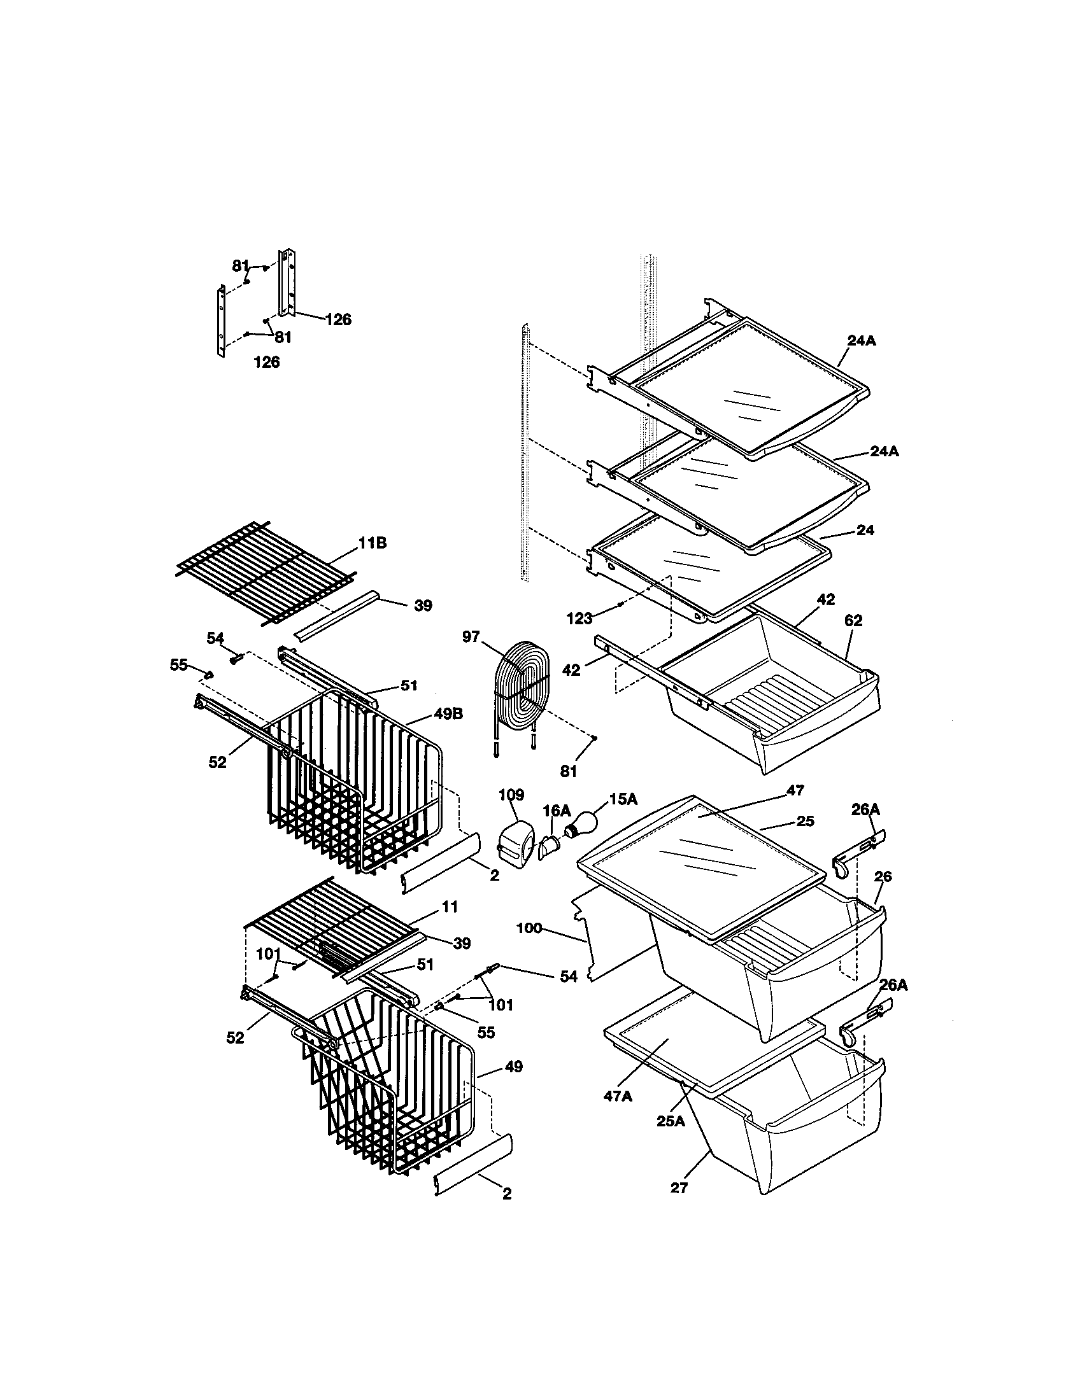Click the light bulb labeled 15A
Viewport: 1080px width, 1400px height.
(580, 823)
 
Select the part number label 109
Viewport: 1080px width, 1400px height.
(511, 795)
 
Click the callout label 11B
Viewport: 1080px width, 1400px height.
(372, 543)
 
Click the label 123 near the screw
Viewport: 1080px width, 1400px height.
(579, 619)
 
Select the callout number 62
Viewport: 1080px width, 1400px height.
(853, 620)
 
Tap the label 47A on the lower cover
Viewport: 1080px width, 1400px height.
(618, 1096)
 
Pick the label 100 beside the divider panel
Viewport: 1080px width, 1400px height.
(529, 928)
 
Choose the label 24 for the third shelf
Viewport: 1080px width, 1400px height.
(865, 530)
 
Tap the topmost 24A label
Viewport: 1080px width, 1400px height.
(862, 341)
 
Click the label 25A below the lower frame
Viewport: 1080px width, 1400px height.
(671, 1121)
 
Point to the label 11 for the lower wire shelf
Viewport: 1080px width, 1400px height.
(450, 906)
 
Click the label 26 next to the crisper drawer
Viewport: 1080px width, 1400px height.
(883, 876)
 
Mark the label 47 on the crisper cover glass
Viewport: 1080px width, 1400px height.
(795, 791)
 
